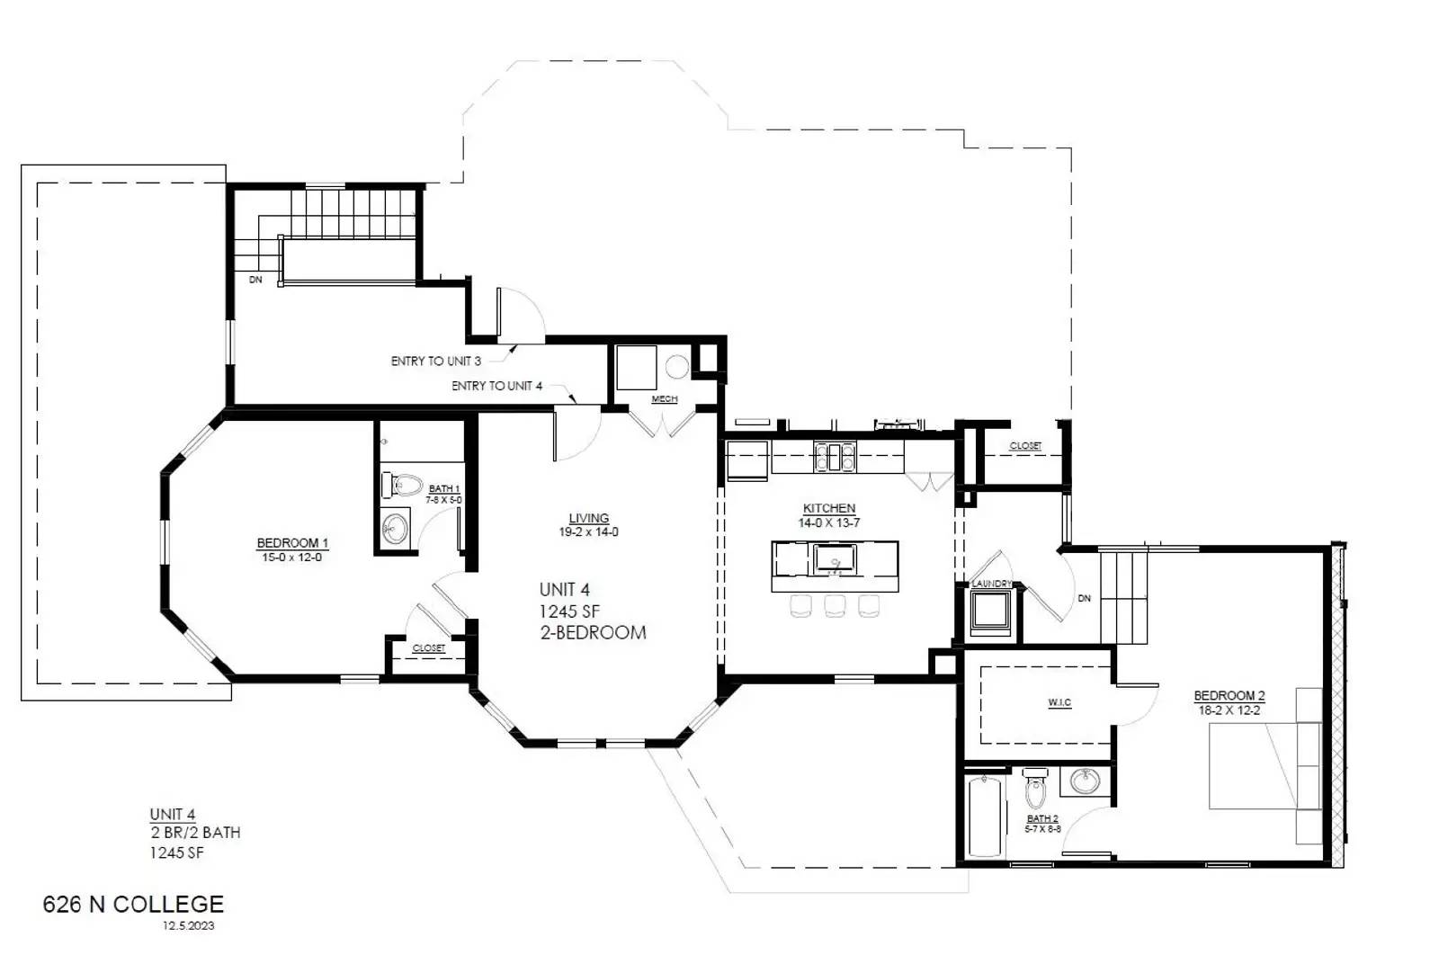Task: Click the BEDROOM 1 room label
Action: point(292,543)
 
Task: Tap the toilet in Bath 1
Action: point(402,486)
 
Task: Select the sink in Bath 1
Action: point(393,529)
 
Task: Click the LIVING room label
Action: point(588,518)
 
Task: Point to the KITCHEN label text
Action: point(828,508)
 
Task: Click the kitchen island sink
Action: point(835,560)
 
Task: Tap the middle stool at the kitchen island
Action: point(835,606)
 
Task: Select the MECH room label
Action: point(664,399)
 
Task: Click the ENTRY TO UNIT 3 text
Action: point(435,361)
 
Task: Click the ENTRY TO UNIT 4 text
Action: point(496,386)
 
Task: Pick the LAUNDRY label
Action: point(991,585)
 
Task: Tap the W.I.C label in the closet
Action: point(1059,703)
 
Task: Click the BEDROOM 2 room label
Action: point(1229,696)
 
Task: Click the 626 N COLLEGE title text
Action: point(133,904)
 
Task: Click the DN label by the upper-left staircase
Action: point(255,280)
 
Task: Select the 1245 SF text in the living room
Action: point(569,611)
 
